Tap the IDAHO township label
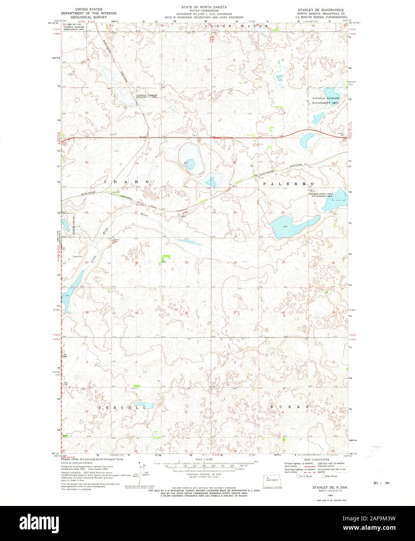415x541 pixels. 126,182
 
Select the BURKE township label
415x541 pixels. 290,407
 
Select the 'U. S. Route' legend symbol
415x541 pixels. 299,476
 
